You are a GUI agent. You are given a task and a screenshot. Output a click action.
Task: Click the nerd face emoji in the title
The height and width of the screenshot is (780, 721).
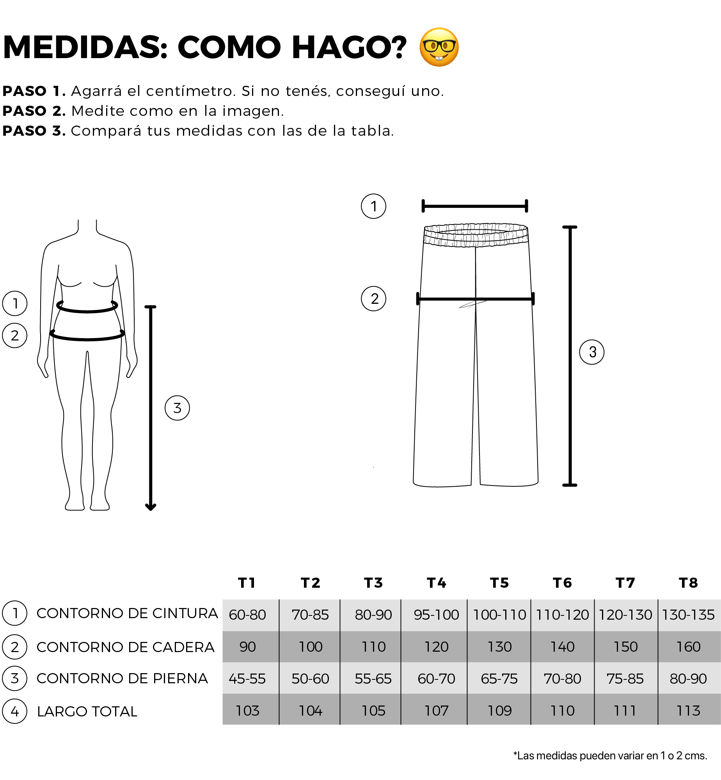coord(439,47)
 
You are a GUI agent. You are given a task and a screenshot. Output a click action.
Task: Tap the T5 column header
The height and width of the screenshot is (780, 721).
coord(499,583)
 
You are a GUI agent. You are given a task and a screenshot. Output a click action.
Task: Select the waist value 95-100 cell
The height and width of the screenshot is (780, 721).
coord(436,615)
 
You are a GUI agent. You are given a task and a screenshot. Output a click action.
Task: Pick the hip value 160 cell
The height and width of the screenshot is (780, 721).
coord(689,647)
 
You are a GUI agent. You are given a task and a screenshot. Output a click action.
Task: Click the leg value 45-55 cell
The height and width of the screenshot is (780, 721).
coord(247,679)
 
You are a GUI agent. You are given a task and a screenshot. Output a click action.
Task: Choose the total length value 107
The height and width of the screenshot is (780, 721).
coord(436,711)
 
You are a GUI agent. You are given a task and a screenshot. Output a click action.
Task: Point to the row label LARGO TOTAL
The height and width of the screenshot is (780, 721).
coord(87,712)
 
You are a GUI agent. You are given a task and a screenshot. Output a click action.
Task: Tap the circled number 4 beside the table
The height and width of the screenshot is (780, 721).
coord(15,711)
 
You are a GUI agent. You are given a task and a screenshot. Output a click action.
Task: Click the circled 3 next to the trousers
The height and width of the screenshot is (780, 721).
coord(592,352)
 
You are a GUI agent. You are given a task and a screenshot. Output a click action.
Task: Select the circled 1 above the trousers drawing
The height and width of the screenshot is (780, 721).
coord(373,206)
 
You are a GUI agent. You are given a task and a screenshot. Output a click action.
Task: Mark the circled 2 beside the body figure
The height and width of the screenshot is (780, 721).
coord(15,335)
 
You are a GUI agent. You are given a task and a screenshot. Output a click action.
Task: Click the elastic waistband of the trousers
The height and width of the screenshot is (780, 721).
coord(476,235)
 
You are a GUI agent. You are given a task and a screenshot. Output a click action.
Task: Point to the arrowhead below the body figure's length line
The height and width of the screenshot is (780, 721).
coord(151,507)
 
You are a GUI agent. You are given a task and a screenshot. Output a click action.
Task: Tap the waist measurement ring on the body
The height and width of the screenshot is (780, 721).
coord(87,311)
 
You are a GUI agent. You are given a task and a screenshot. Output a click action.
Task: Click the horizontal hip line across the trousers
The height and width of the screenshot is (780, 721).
coord(476,299)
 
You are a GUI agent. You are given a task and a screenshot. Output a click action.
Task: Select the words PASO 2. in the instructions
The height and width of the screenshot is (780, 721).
coord(34,111)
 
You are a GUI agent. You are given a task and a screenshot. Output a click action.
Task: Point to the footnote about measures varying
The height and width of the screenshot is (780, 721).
coord(610,756)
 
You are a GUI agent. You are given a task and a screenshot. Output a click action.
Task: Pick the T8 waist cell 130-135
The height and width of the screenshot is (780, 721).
coord(689,615)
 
